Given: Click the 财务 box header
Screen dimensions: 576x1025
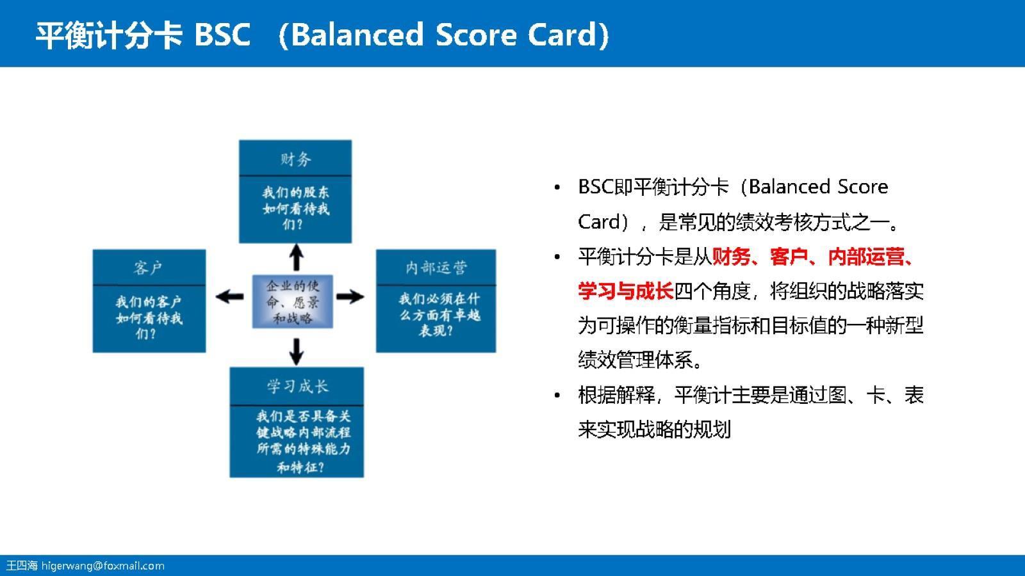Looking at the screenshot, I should pos(295,158).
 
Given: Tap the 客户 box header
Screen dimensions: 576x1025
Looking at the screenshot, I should pos(149,268).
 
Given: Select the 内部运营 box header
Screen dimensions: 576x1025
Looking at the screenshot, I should pos(436,268).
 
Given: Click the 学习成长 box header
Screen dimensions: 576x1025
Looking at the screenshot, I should pos(297,386).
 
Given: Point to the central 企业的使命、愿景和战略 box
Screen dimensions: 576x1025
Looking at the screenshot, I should pos(293,301).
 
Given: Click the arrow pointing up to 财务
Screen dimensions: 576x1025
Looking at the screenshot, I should pos(296,257).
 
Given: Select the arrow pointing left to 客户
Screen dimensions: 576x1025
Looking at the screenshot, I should pos(229,296).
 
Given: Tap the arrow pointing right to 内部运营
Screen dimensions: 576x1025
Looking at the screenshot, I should pos(350,296).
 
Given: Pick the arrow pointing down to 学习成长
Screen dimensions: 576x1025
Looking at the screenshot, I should pos(296,351).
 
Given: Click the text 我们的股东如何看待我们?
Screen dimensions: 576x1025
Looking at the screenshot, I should pos(295,208).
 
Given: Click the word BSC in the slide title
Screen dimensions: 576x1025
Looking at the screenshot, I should pos(222,35).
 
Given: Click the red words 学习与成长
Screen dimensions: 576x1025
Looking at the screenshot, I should pos(625,291).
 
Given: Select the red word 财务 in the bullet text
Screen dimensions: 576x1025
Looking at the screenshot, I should pos(730,257).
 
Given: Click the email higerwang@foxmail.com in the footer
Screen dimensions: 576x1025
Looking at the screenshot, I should pos(102,566).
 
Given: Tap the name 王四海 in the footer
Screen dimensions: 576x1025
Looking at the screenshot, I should pos(22,566).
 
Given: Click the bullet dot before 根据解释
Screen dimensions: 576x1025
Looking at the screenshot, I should pos(557,396).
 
